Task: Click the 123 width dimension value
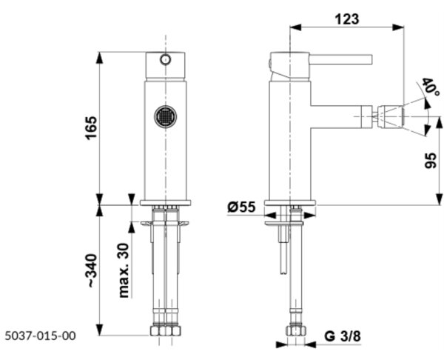347,19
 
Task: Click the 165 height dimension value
92,127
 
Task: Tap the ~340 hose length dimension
92,270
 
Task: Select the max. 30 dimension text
124,270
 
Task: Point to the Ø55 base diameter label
241,207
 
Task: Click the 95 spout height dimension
431,161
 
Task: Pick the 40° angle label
431,87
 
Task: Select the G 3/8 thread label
343,336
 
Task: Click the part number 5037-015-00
41,336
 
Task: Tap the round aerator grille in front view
166,116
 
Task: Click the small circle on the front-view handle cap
165,59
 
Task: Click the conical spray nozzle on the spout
391,116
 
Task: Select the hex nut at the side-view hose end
296,331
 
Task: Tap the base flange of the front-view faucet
165,203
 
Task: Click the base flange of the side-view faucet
290,203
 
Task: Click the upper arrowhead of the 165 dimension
99,58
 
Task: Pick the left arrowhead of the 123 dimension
296,27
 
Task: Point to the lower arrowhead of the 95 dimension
439,199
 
